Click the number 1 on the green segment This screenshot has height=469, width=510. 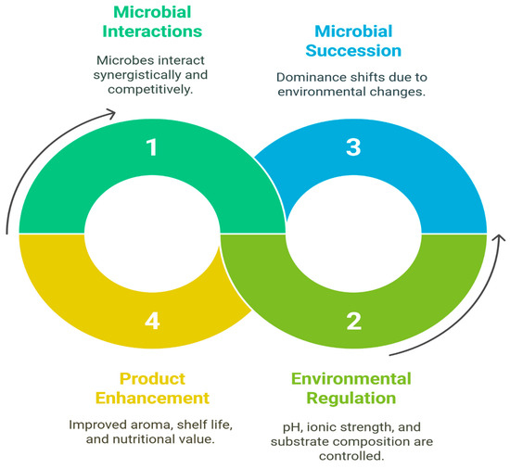point(152,147)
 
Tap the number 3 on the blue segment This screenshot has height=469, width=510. point(353,147)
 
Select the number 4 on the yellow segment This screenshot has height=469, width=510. point(152,321)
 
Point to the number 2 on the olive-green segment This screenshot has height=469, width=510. point(354,321)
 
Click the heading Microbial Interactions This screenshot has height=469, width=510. point(152,21)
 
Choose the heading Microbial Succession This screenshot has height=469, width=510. point(353,41)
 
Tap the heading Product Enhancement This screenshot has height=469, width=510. point(152,388)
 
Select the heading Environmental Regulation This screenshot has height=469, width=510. point(351,388)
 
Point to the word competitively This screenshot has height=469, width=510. point(150,89)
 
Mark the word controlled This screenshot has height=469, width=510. point(351,456)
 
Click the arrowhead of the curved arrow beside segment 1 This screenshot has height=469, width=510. point(111,113)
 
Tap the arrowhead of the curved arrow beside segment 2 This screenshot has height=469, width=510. point(499,237)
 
